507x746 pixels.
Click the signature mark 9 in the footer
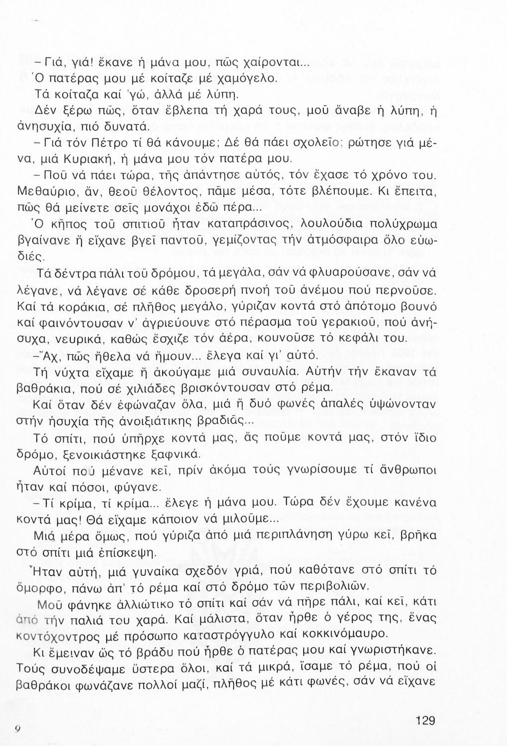point(17,728)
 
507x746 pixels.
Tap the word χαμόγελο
point(254,79)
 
